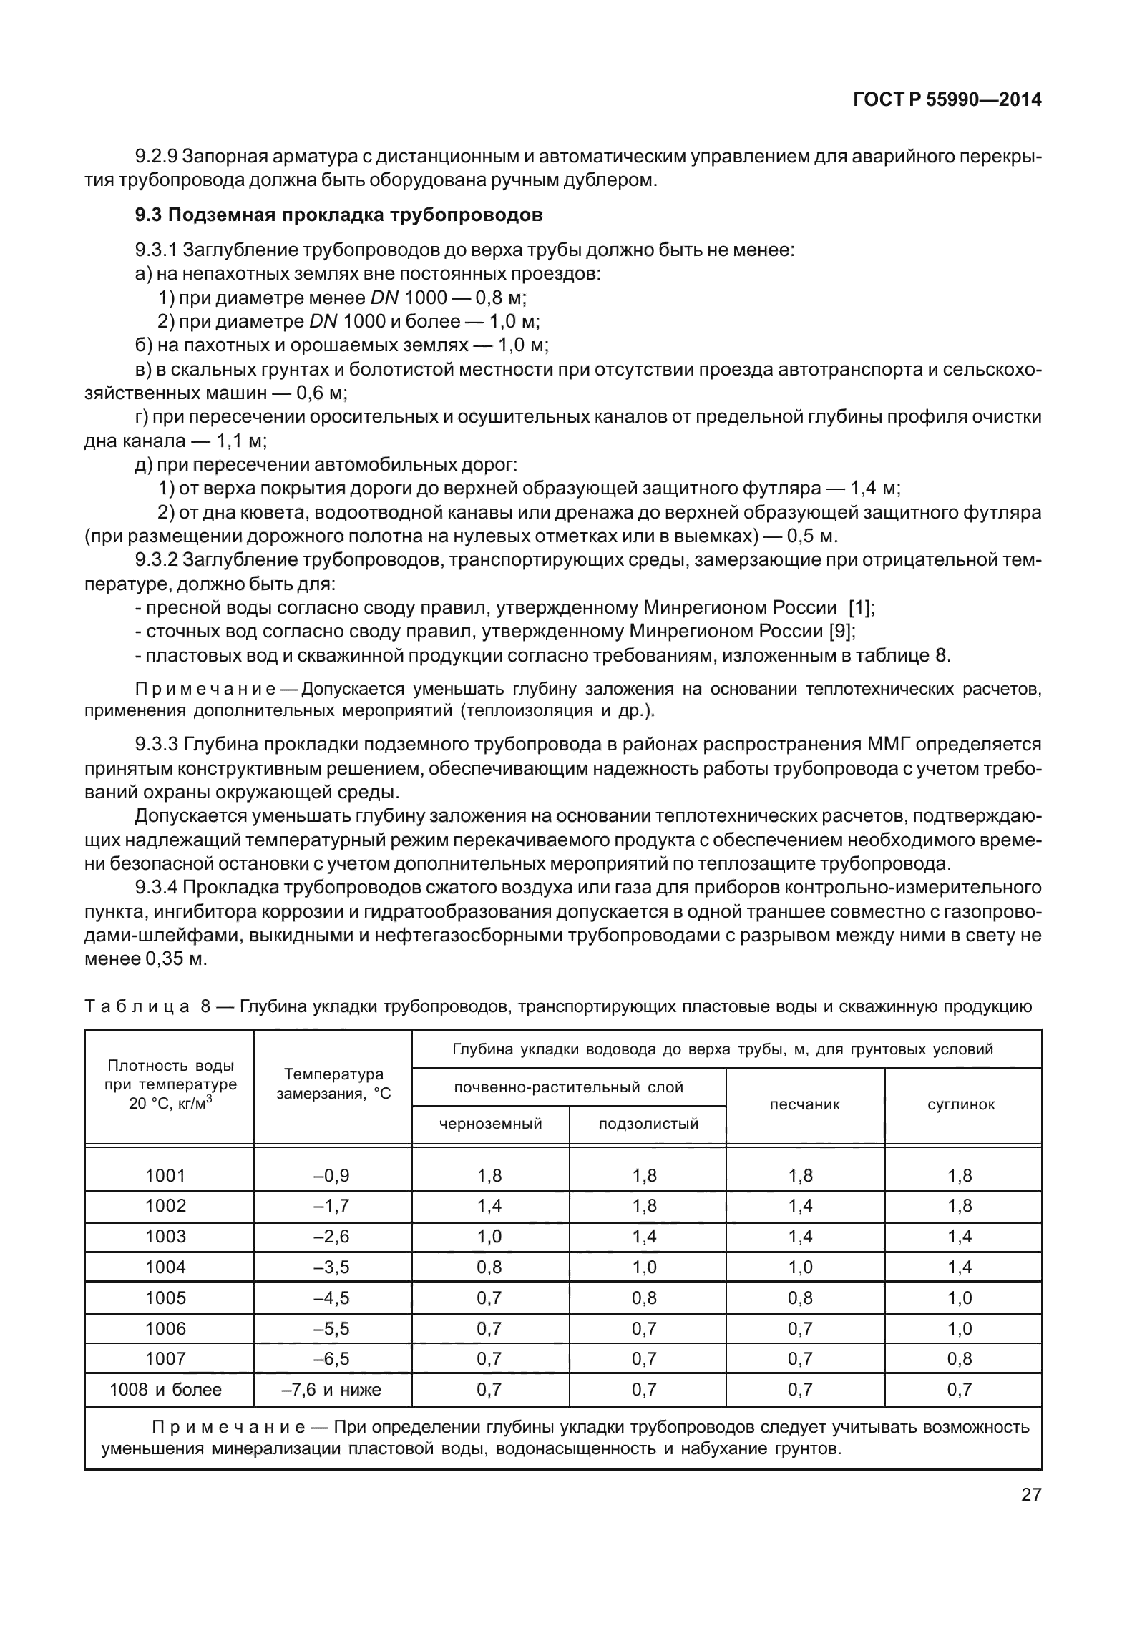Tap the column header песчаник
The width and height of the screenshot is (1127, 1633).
pos(804,1104)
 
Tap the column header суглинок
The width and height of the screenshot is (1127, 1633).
pos(961,1104)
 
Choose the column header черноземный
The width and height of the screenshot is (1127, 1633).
pos(490,1123)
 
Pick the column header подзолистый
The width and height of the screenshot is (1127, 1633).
pos(648,1123)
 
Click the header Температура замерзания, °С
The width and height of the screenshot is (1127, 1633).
pos(333,1084)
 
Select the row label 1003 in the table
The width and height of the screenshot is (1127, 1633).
pos(165,1236)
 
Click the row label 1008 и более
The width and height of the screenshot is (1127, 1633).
pos(165,1389)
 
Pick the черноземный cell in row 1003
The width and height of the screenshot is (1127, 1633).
pos(489,1236)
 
